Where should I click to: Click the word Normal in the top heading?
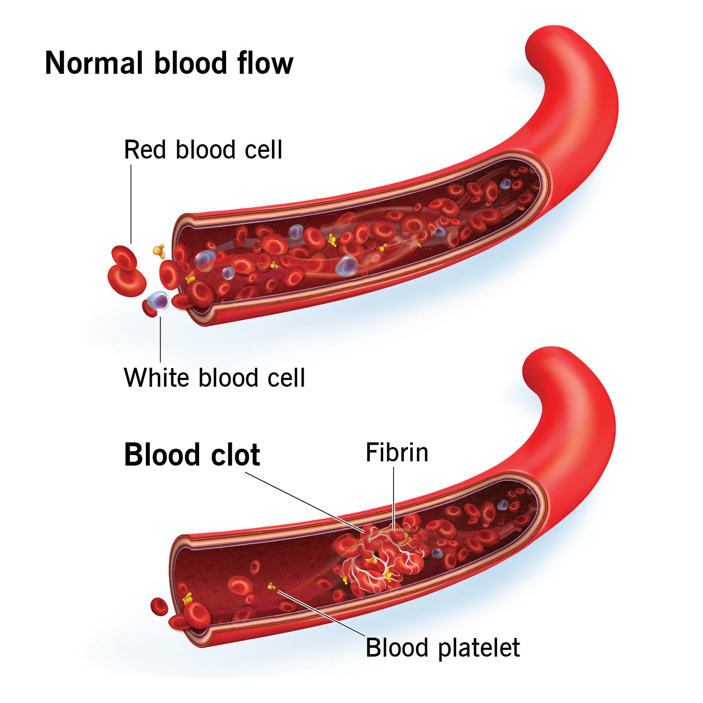coord(93,63)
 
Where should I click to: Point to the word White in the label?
coord(157,377)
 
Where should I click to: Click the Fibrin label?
coord(397,453)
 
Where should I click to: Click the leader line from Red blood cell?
coord(131,202)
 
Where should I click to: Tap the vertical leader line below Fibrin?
coord(394,498)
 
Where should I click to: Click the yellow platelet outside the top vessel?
coord(159,251)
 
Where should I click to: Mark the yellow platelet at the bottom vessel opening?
coord(188,597)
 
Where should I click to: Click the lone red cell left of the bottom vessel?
coord(159,606)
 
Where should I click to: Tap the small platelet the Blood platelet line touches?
coord(271,586)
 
